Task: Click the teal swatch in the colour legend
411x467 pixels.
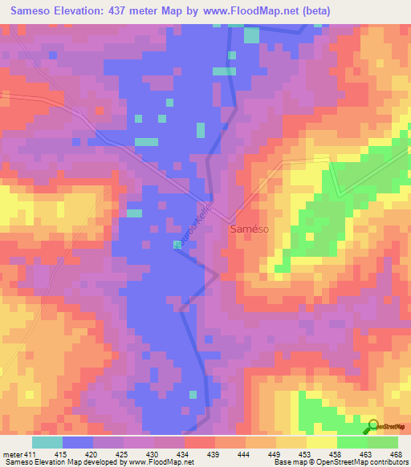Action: (47, 443)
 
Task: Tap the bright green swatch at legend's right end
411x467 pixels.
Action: (382, 443)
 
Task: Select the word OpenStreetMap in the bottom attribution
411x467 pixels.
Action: (335, 462)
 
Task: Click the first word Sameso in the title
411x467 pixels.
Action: (28, 10)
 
